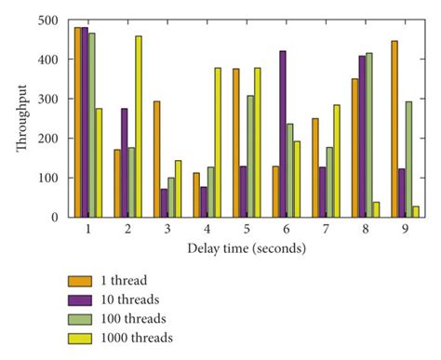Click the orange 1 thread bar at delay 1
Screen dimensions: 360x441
click(77, 122)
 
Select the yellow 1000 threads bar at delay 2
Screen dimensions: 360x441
click(139, 127)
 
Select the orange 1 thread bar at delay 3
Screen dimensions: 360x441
click(157, 159)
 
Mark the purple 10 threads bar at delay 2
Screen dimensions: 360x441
click(125, 163)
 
